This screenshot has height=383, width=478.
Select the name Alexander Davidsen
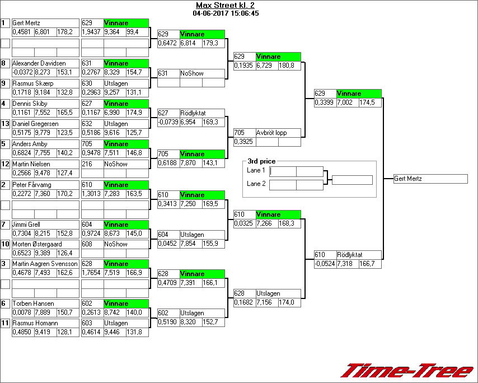39,63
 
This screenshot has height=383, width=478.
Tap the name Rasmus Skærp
32,83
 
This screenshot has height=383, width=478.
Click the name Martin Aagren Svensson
45,264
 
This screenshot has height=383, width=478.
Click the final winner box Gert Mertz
430,179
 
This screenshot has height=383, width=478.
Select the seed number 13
6,124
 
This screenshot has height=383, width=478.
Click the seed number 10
6,244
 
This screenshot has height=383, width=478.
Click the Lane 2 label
256,184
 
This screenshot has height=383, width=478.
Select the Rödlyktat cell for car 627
202,113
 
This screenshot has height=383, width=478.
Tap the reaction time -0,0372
22,72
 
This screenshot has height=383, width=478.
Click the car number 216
87,164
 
